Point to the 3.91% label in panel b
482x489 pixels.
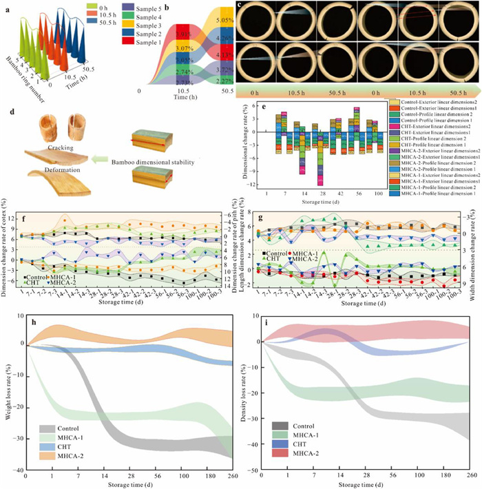click(x=167, y=33)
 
